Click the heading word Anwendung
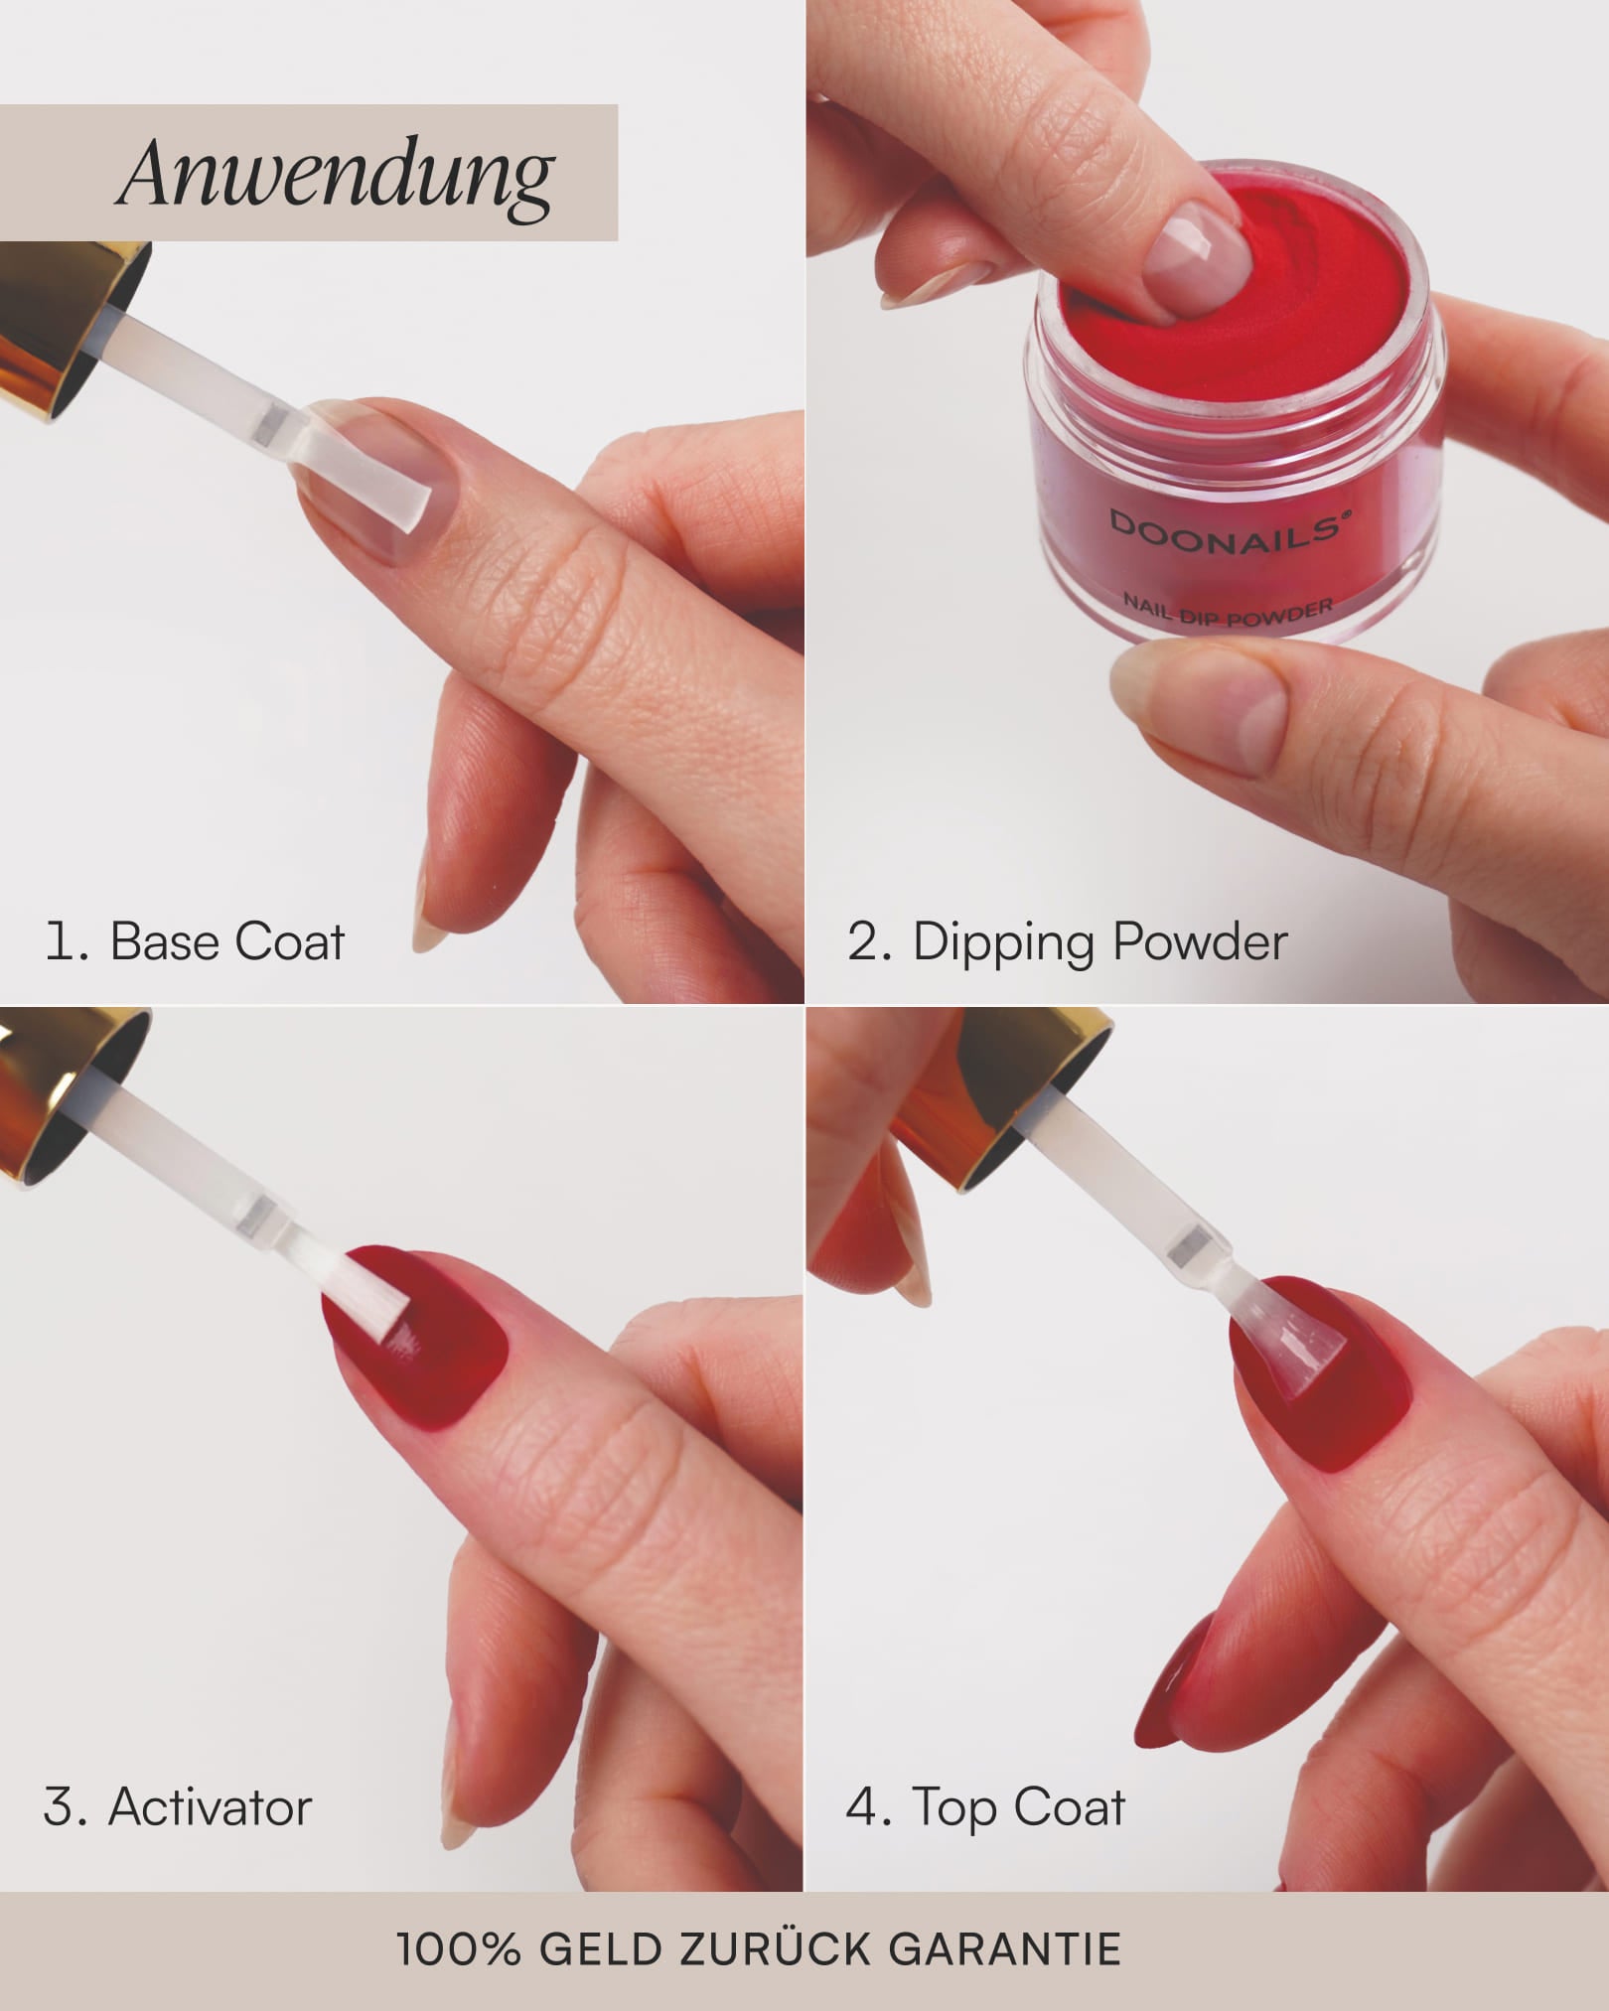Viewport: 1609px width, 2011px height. (x=336, y=175)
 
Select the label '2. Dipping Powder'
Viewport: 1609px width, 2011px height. (x=1067, y=941)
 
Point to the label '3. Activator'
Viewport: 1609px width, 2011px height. (x=178, y=1806)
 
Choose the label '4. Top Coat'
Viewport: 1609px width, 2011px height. (x=985, y=1806)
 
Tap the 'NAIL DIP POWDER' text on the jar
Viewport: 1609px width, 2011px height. (x=1229, y=608)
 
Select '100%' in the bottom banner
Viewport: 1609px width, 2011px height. (x=458, y=1949)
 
